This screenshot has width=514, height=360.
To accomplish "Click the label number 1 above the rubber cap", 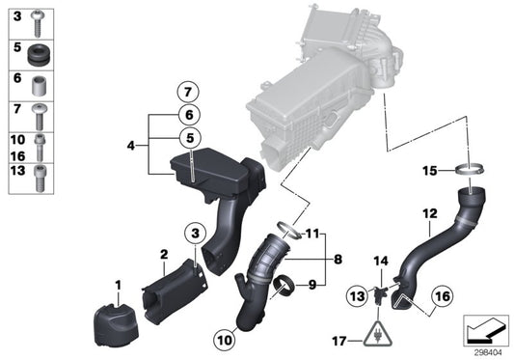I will tap(119, 285).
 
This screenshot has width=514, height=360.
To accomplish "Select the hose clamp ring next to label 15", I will tap(470, 173).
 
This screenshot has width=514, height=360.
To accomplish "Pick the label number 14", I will tap(380, 262).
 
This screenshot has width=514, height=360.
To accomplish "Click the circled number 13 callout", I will tap(356, 294).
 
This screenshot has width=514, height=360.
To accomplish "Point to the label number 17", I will tap(339, 341).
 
